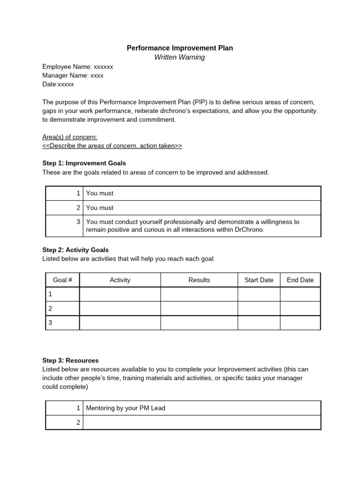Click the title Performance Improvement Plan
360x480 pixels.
click(180, 48)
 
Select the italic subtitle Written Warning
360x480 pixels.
click(180, 57)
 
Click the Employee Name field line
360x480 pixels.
click(77, 67)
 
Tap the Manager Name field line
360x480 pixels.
click(73, 75)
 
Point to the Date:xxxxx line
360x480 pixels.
click(58, 84)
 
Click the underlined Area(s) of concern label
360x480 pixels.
click(70, 137)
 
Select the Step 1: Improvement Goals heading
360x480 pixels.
click(84, 163)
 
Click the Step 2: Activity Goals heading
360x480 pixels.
click(75, 250)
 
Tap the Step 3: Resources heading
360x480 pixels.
click(70, 360)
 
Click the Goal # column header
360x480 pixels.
click(62, 280)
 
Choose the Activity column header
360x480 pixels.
click(120, 280)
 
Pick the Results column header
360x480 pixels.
click(199, 280)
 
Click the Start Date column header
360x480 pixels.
click(259, 280)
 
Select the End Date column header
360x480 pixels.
click(300, 280)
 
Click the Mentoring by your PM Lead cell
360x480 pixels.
click(126, 408)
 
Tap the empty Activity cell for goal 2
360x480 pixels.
click(120, 308)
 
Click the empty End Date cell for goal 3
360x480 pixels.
click(300, 322)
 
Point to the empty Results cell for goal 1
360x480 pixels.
click(199, 294)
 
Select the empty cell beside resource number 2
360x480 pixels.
click(202, 422)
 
